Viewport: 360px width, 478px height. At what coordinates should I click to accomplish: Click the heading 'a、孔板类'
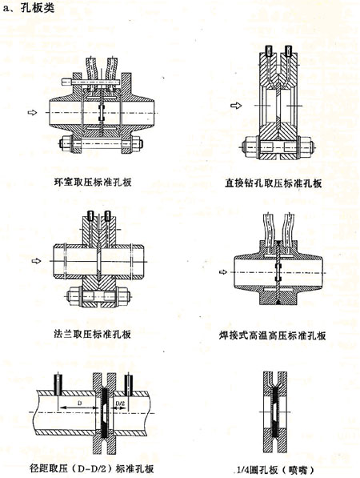coord(28,8)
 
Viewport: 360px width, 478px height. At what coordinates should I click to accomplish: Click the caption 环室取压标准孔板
coord(93,183)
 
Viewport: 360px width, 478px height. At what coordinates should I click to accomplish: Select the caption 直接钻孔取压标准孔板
coord(273,183)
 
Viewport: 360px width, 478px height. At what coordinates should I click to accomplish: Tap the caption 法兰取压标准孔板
coord(93,334)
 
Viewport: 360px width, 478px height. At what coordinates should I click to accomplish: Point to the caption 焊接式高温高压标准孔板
coord(272,335)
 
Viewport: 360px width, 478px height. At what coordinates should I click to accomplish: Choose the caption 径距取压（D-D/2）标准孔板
coord(92,468)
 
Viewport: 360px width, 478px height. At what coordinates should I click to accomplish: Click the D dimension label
coord(79,403)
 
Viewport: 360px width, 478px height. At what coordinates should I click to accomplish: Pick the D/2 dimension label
coord(120,403)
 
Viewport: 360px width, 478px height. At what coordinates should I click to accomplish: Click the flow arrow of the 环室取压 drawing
coord(32,112)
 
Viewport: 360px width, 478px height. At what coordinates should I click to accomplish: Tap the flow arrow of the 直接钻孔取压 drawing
coord(236,106)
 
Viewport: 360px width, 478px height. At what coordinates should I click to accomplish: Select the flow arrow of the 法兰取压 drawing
coord(36,261)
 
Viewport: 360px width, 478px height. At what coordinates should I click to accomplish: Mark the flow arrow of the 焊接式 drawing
coord(223,272)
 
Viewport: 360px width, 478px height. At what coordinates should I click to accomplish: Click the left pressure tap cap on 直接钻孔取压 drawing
coord(269,51)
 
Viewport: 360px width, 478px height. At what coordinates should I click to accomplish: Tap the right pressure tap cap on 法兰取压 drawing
coord(107,215)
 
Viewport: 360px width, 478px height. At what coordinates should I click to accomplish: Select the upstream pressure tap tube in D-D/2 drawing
coord(58,384)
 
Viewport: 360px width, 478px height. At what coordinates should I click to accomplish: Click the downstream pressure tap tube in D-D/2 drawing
coord(129,384)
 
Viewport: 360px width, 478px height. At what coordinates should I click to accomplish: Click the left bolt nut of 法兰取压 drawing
coord(73,295)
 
